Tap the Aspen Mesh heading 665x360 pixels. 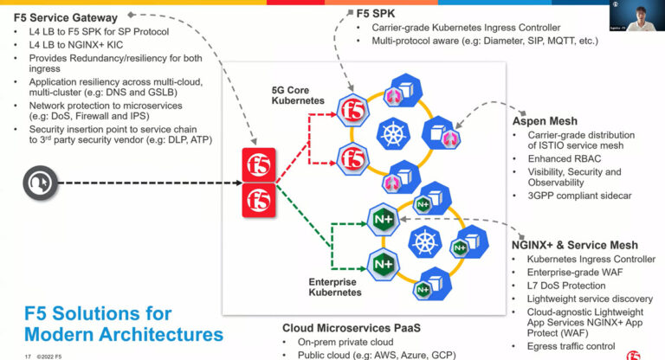point(552,121)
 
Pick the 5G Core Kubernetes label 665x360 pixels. point(296,96)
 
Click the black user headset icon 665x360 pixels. point(40,183)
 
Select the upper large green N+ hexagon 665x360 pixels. point(382,220)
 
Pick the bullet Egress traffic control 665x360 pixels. point(577,346)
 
